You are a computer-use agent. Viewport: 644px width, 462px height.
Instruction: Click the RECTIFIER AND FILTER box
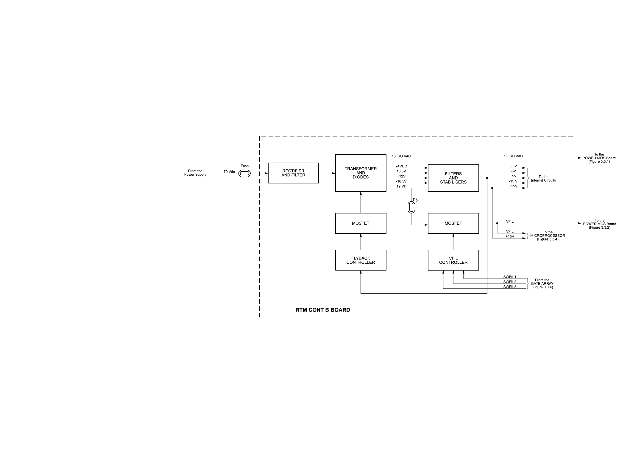(x=293, y=173)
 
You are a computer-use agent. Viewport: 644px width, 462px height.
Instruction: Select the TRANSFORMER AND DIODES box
(x=361, y=173)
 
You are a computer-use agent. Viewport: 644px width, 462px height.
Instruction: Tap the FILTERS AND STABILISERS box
(x=453, y=178)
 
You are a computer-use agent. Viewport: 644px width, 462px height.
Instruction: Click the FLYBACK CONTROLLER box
(x=361, y=260)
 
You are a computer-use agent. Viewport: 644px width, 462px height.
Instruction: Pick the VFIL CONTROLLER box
(x=453, y=260)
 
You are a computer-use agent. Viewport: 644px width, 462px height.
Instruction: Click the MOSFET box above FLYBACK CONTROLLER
(x=361, y=223)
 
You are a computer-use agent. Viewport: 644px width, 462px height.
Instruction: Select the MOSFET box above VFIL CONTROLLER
(x=453, y=223)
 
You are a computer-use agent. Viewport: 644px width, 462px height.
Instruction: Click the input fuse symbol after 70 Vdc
(x=244, y=173)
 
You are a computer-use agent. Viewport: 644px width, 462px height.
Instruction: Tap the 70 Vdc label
(x=229, y=172)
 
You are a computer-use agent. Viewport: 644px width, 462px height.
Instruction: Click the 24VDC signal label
(x=401, y=166)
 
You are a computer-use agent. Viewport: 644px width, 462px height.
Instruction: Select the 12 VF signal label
(x=401, y=186)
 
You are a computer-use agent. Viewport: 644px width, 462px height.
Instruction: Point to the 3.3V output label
(x=513, y=166)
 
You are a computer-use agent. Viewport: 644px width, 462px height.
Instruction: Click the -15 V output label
(x=513, y=181)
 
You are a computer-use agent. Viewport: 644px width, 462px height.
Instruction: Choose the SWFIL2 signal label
(x=510, y=282)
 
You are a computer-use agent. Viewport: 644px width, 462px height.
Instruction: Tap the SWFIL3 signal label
(x=510, y=287)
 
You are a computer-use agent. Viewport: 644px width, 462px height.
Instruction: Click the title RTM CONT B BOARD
(x=323, y=310)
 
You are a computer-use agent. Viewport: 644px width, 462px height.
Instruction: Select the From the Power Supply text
(x=195, y=173)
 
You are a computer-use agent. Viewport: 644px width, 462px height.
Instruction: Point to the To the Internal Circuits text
(x=543, y=179)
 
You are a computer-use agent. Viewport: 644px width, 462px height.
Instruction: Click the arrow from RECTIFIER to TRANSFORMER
(x=327, y=173)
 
